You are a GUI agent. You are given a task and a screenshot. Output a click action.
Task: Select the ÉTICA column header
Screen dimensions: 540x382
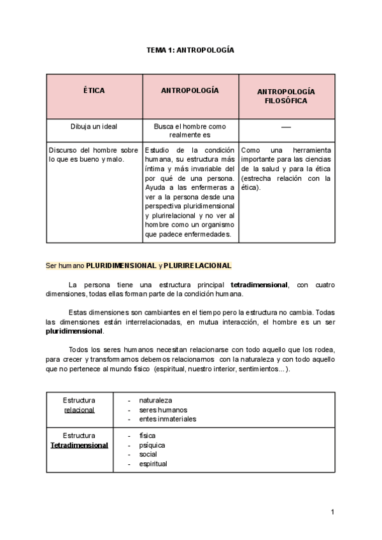[94, 91]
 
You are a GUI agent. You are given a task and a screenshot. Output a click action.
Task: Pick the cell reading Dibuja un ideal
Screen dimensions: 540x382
[94, 126]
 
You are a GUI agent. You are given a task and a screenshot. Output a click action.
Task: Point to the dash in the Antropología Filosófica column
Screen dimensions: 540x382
[286, 127]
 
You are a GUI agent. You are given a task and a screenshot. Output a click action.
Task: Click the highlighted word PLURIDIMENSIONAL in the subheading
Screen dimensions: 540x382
[121, 265]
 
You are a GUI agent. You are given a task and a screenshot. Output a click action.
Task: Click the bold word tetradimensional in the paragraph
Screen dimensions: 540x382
[258, 285]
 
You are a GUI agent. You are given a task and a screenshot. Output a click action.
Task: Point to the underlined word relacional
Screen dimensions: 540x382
[80, 409]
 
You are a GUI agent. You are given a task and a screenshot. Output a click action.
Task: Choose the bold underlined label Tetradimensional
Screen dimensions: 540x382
[80, 445]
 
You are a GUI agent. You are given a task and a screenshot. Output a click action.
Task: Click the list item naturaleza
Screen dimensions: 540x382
[156, 401]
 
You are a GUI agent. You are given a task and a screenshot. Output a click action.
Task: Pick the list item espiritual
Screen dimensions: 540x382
[153, 464]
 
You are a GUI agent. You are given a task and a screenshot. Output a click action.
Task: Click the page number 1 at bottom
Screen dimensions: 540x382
[333, 512]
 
